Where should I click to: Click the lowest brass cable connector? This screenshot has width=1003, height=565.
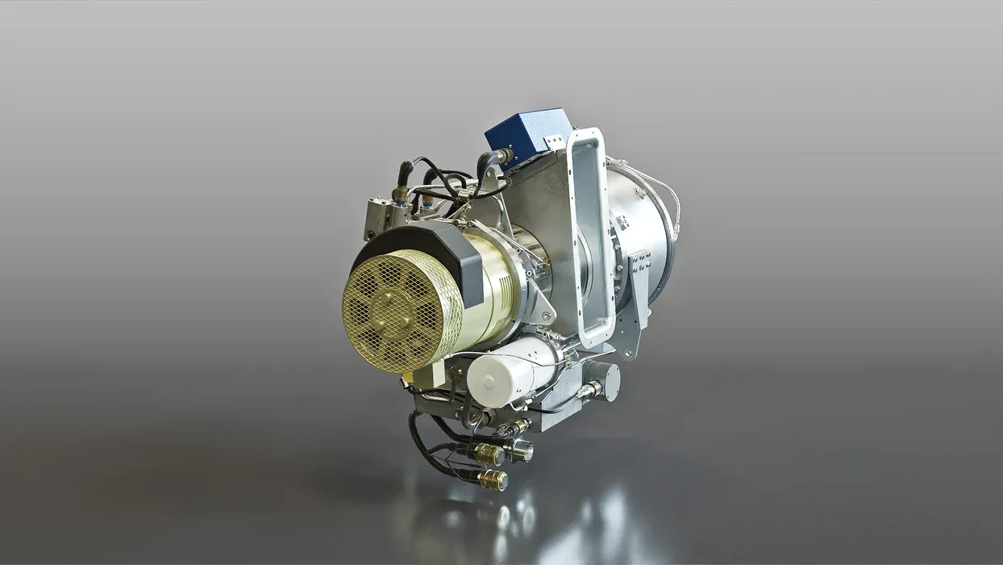(492, 480)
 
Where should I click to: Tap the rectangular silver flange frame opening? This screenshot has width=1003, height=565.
(591, 234)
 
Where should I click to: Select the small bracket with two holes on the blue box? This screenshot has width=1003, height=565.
(554, 142)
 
